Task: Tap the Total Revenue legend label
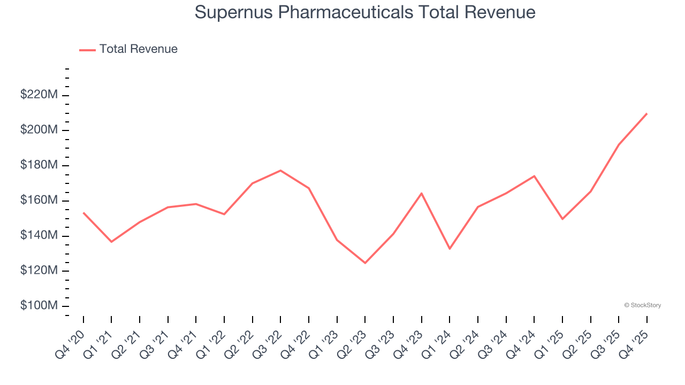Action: point(138,49)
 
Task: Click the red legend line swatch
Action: point(87,50)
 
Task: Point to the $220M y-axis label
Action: point(39,95)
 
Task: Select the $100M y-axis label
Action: point(39,306)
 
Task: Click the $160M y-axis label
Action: point(39,201)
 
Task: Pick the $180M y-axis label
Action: point(39,165)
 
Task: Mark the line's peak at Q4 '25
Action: point(646,113)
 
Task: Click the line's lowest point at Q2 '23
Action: point(365,263)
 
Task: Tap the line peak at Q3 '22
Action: point(280,171)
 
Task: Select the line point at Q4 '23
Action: point(422,193)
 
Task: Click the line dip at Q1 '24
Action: point(450,249)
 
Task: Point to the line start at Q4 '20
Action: point(83,213)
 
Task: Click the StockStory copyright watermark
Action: point(642,305)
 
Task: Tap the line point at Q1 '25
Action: point(562,219)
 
